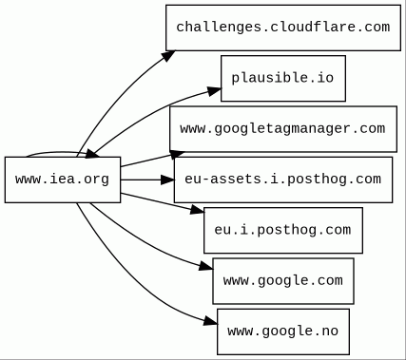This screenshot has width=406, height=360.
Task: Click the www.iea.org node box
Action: click(63, 180)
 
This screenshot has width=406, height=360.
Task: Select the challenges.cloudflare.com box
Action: click(283, 28)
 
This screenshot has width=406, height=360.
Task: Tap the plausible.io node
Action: click(283, 78)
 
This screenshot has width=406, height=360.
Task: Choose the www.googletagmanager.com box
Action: click(283, 129)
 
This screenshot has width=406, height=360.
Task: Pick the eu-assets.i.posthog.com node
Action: click(283, 180)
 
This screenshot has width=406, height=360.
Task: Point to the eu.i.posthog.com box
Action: click(283, 230)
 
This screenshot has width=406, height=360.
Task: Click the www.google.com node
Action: click(283, 281)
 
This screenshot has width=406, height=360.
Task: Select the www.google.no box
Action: click(283, 332)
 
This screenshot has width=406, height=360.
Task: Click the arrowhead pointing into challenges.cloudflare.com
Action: click(168, 55)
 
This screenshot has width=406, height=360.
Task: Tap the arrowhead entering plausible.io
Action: click(214, 91)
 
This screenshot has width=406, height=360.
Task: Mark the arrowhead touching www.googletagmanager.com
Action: click(177, 154)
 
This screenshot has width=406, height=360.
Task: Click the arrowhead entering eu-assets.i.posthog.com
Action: click(167, 180)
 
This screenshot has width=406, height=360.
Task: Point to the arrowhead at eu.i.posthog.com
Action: click(197, 209)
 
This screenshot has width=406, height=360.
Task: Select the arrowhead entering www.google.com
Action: click(206, 267)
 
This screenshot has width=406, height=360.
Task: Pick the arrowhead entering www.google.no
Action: click(211, 321)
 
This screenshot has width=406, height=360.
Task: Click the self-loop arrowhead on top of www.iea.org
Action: click(91, 154)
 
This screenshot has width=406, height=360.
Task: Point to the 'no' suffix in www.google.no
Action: click(330, 332)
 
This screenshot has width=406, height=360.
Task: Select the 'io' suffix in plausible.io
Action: click(326, 78)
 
